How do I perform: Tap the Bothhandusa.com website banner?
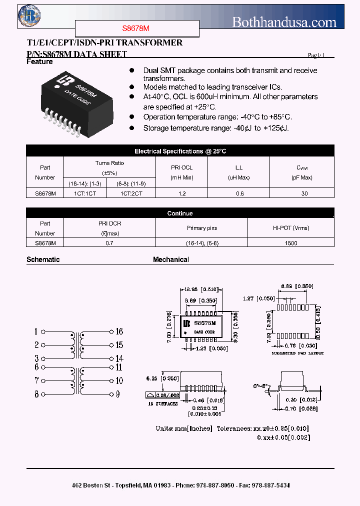pos(284,22)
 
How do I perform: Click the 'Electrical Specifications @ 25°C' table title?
pos(180,151)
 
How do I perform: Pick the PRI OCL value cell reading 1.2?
pos(181,193)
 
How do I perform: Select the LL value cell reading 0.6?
pos(239,193)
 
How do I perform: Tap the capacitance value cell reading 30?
pos(305,193)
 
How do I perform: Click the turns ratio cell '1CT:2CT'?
pos(131,193)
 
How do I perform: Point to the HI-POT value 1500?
pos(290,243)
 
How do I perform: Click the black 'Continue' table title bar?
pos(180,213)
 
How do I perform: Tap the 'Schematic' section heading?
pos(43,259)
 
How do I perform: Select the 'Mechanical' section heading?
pos(171,259)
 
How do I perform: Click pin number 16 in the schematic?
pos(119,331)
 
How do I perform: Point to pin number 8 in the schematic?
pos(36,394)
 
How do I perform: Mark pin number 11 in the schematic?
pos(119,367)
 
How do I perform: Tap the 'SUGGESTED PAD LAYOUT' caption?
pos(297,353)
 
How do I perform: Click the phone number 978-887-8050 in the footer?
pos(217,485)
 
